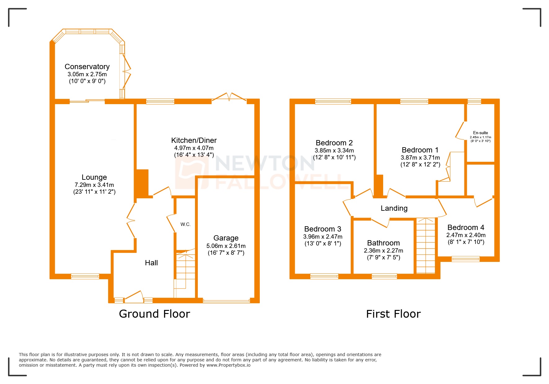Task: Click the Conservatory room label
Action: [x=87, y=67]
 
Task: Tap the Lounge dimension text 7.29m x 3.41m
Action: [x=94, y=185]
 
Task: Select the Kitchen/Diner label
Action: [x=194, y=140]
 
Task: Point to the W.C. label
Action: [x=185, y=224]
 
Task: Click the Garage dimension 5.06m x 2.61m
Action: [x=226, y=246]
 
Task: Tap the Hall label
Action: [x=151, y=263]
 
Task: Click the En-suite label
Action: [x=480, y=133]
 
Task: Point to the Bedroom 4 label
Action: [x=466, y=227]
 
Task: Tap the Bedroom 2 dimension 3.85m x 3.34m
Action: [x=334, y=150]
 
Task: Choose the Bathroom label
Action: [x=383, y=243]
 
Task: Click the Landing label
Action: [x=394, y=208]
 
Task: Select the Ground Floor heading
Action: [x=154, y=314]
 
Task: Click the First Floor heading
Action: [x=393, y=314]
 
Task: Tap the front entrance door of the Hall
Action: [x=134, y=297]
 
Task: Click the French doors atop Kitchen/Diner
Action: [x=229, y=97]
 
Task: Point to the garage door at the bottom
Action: [x=226, y=301]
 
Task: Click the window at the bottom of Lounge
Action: [x=85, y=276]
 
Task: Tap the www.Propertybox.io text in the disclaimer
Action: [x=228, y=365]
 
